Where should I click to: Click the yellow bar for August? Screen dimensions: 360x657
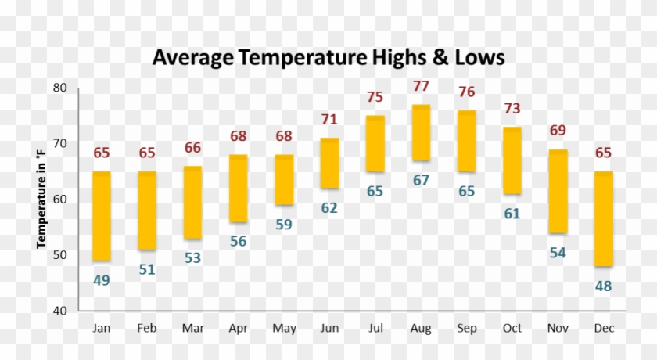point(421,132)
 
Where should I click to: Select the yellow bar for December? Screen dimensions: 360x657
point(603,218)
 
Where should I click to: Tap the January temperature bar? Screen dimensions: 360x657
point(102,215)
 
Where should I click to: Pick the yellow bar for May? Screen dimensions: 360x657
point(284,179)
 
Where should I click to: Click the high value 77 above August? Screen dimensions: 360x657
point(421,86)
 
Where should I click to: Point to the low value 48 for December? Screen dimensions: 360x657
point(603,286)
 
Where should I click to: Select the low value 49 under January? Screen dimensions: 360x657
point(102,280)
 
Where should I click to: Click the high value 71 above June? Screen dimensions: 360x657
point(329,120)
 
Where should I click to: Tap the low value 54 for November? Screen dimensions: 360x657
point(558,253)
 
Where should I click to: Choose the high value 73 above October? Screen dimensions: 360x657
point(512,108)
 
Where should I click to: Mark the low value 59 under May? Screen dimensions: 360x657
point(284,225)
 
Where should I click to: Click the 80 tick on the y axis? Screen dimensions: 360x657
point(60,88)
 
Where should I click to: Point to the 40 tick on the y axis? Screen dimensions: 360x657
point(60,311)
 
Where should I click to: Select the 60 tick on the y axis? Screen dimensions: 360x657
point(60,200)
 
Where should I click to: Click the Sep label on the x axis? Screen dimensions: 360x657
point(467,329)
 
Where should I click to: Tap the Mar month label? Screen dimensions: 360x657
point(192,329)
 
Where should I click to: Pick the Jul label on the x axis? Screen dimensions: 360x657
point(375,329)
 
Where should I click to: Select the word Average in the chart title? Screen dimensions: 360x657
point(192,58)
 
